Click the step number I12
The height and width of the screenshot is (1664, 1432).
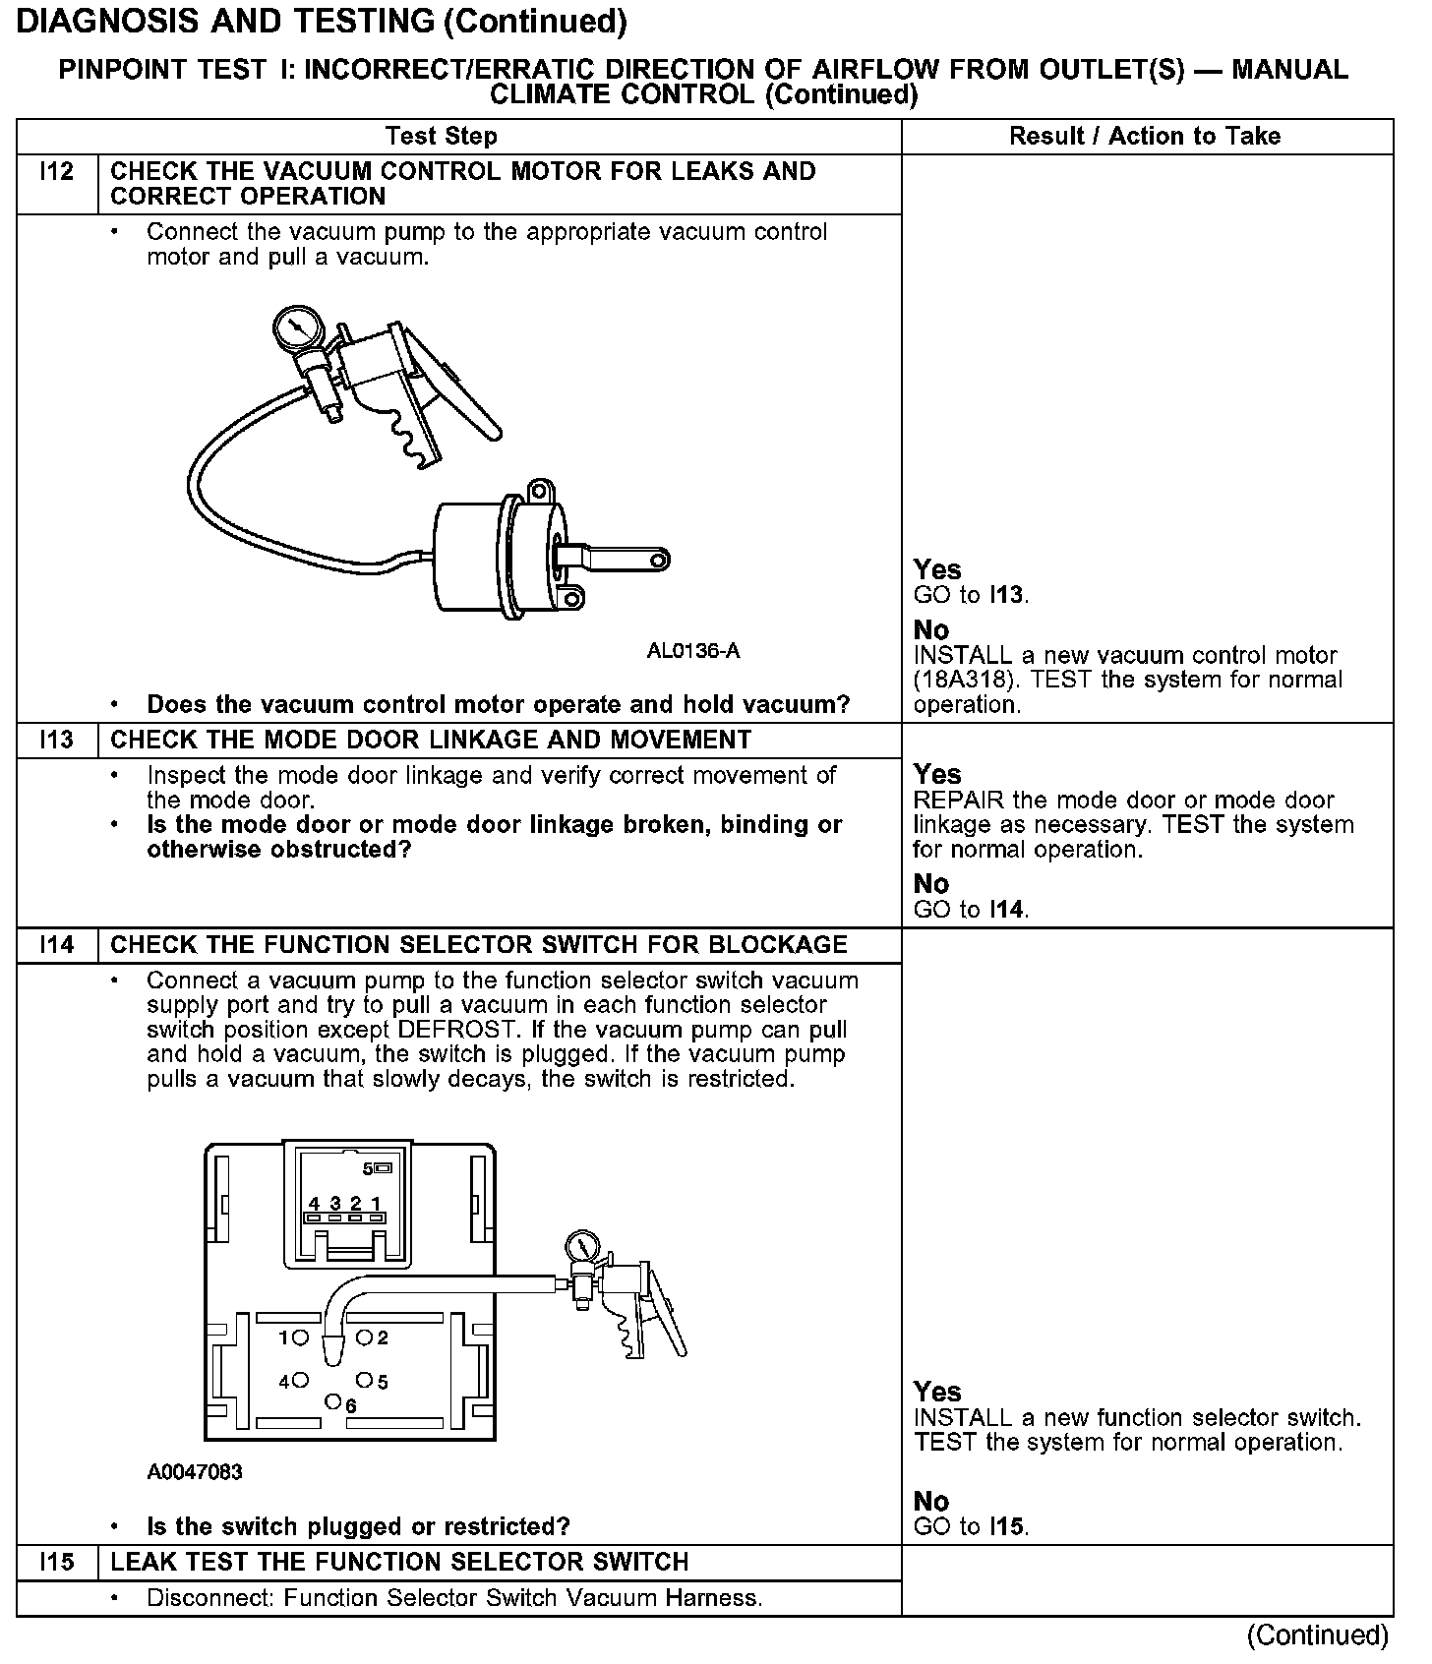[x=57, y=172]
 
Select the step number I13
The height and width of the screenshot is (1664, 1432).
[x=57, y=740]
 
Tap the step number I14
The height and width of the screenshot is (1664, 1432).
[x=57, y=945]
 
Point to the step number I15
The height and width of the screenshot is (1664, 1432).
[x=57, y=1562]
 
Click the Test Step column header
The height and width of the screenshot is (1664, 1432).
[x=442, y=136]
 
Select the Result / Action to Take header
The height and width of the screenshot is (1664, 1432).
[x=1145, y=136]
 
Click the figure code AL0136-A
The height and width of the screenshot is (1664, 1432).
[x=693, y=651]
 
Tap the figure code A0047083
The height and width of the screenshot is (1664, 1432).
[x=195, y=1472]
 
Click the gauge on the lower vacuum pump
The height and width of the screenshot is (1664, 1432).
[x=582, y=1247]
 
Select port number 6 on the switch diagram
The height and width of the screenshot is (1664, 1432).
[x=334, y=1400]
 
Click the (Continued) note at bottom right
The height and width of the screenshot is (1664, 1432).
[x=1317, y=1634]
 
